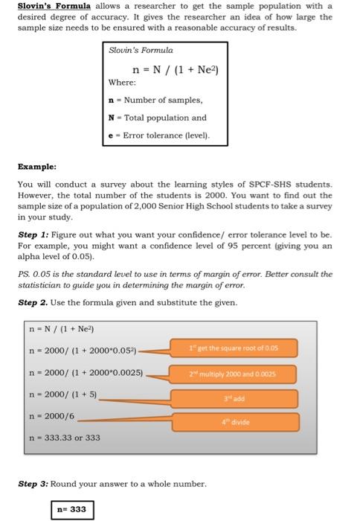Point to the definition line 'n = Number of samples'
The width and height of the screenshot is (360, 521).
(154, 99)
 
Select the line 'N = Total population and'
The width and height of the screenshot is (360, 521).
(157, 118)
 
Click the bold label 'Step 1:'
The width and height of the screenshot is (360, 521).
(33, 233)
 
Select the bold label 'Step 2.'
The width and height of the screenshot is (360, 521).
(33, 303)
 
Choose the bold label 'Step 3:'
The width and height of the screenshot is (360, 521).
(33, 483)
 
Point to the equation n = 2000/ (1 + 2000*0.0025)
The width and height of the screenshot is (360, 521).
(86, 372)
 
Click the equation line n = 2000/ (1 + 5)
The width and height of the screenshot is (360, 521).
(63, 394)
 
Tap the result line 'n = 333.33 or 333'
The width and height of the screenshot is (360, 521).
(64, 438)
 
